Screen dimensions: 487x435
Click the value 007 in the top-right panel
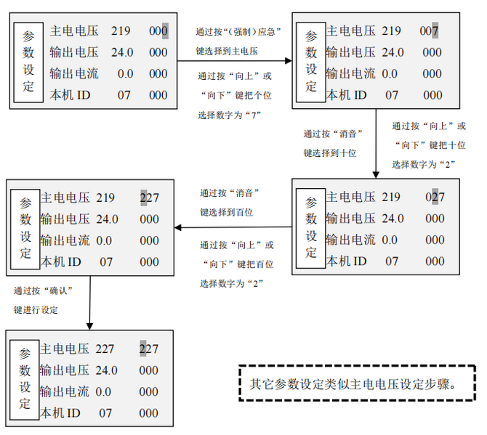(x=429, y=31)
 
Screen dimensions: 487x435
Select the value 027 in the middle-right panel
(x=435, y=197)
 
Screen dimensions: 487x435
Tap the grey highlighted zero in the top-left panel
(x=165, y=31)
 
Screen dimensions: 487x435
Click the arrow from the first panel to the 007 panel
(x=235, y=61)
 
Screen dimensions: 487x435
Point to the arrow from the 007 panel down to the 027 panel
(x=376, y=144)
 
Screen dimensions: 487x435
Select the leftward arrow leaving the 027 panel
(x=233, y=227)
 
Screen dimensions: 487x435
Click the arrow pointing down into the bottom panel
(x=89, y=303)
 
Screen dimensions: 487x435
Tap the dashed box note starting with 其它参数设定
(x=357, y=383)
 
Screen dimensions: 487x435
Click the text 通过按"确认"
(x=43, y=290)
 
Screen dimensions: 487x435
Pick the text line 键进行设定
(x=36, y=309)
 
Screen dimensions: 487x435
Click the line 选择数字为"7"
(x=229, y=115)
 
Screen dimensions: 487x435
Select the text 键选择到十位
(x=330, y=153)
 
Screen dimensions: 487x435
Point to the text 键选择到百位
(x=226, y=212)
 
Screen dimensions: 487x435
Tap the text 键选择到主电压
(x=227, y=51)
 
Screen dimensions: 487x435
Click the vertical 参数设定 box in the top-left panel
(x=28, y=62)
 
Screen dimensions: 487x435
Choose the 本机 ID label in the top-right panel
(x=346, y=95)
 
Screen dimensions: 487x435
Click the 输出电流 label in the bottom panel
(x=64, y=391)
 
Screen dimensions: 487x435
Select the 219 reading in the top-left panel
(x=121, y=31)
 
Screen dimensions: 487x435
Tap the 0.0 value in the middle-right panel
(x=390, y=240)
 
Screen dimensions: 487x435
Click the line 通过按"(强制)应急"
(x=238, y=32)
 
